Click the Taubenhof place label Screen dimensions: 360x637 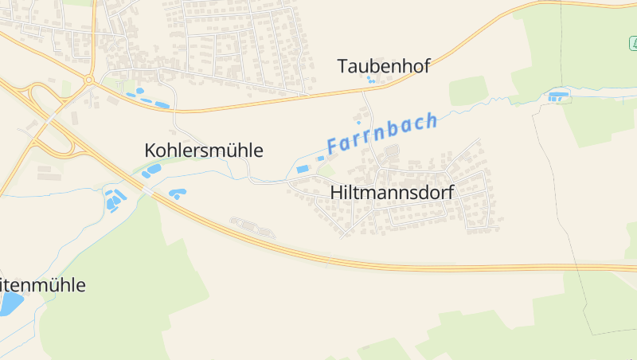pos(383,66)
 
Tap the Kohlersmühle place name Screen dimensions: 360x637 pos(204,150)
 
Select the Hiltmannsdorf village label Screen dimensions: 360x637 pos(392,192)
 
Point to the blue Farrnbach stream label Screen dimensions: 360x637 pos(382,134)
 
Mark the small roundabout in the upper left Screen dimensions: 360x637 pos(90,80)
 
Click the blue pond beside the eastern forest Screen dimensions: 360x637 pos(558,97)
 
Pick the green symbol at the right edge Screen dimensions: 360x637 pos(632,41)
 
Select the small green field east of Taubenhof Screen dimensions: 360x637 pos(467,91)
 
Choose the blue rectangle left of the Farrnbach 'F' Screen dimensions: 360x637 pos(302,169)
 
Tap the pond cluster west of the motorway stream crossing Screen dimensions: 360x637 pos(115,200)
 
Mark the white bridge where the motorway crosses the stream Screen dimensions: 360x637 pos(147,192)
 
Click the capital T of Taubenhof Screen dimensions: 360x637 pos(343,66)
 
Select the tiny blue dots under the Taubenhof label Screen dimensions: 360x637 pos(370,80)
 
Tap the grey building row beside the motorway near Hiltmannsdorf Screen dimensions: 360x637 pos(252,228)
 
